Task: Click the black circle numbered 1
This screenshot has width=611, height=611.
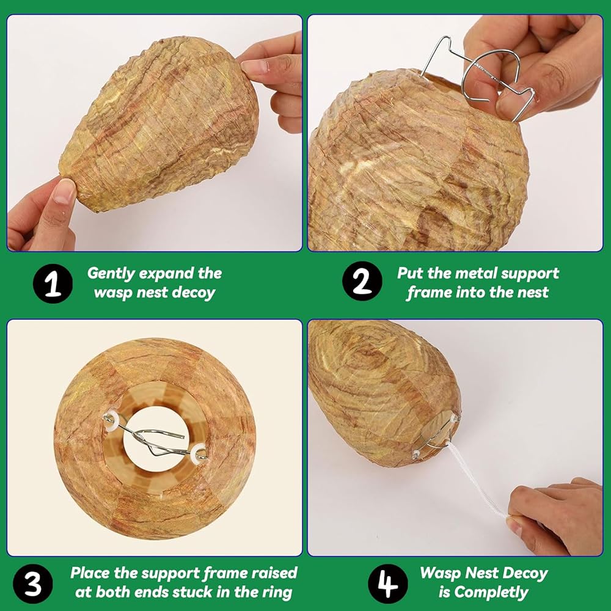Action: pos(53,284)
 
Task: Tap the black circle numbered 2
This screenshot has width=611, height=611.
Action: pos(362,281)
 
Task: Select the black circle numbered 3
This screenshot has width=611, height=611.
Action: pos(33,584)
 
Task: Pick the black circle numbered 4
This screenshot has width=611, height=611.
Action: pos(388,584)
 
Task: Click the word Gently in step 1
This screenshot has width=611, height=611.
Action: pos(111,274)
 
